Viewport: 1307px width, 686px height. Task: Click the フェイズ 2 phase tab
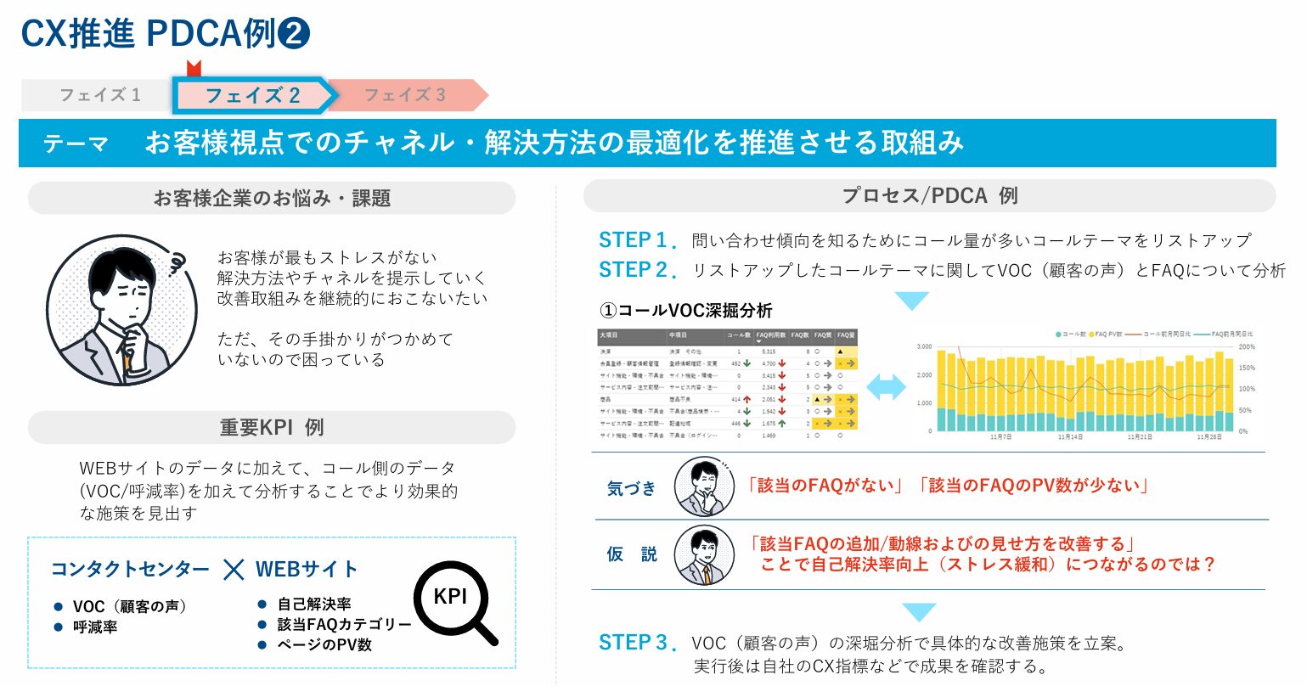coord(252,95)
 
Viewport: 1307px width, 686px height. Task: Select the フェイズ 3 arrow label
coord(405,95)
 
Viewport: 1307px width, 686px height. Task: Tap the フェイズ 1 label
coord(99,95)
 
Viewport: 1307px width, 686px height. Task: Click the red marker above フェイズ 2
coord(194,69)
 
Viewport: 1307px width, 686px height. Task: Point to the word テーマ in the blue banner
coord(76,143)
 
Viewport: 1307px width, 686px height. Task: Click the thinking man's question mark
coord(177,263)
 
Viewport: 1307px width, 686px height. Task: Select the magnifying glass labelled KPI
coord(454,600)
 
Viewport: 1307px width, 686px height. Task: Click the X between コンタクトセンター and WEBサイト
coord(234,569)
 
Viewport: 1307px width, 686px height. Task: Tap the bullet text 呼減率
coord(95,627)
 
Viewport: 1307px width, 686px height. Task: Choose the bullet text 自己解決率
coord(314,604)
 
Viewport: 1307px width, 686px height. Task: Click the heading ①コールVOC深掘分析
coord(686,311)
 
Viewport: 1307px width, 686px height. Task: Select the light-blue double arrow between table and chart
coord(886,388)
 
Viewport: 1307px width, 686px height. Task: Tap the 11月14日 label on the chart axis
coord(1070,437)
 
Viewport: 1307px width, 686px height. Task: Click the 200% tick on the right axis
coord(1247,347)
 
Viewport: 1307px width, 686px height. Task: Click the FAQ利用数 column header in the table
coord(772,335)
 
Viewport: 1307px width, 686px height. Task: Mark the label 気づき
coord(632,488)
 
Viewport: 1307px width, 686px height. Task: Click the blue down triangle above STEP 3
coord(919,612)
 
